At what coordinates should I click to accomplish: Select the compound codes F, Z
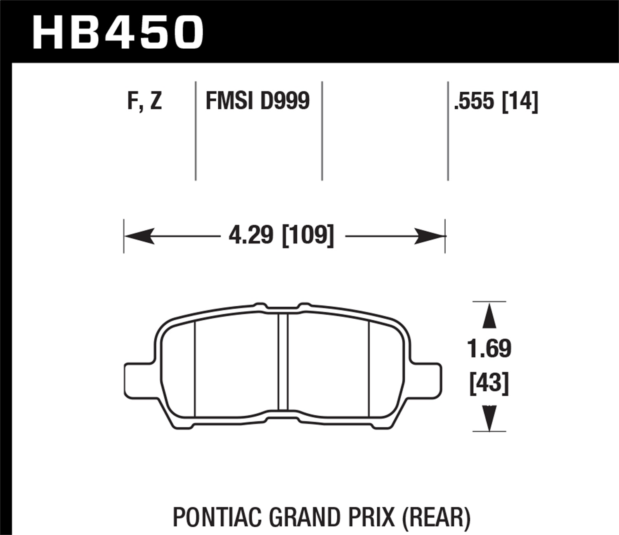[x=144, y=101]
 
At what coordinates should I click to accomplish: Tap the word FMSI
[x=229, y=101]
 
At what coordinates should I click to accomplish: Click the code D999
[x=285, y=101]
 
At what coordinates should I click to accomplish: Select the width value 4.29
[x=251, y=236]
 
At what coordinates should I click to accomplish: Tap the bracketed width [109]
[x=307, y=236]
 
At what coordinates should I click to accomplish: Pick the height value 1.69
[x=489, y=348]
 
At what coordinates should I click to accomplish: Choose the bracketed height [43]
[x=489, y=383]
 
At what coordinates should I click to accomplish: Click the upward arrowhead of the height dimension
[x=489, y=316]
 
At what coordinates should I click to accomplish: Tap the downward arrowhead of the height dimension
[x=489, y=419]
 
